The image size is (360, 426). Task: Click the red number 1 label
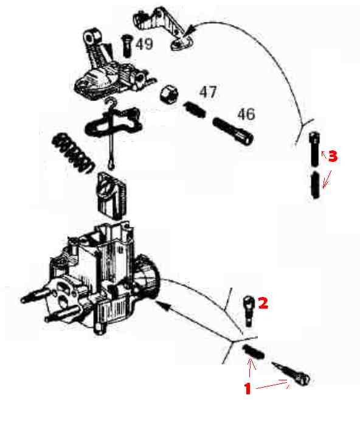point(247,389)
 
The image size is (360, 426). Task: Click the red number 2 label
point(263,302)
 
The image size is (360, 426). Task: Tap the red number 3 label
point(333,156)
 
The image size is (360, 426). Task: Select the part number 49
point(144,44)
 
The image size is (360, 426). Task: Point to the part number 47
point(208,93)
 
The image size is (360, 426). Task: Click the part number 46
point(246,114)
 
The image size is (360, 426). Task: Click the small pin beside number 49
point(126,46)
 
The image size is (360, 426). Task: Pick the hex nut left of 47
point(169,94)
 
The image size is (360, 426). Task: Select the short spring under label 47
point(195,110)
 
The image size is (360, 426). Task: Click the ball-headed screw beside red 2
point(249,311)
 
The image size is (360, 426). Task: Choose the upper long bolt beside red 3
point(314,148)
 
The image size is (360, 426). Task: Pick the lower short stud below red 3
point(315,185)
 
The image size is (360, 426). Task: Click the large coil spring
point(72,153)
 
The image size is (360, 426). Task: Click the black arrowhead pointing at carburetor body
point(164,306)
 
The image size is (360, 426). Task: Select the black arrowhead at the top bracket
point(190,29)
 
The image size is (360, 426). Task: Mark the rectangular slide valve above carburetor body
point(111,195)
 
